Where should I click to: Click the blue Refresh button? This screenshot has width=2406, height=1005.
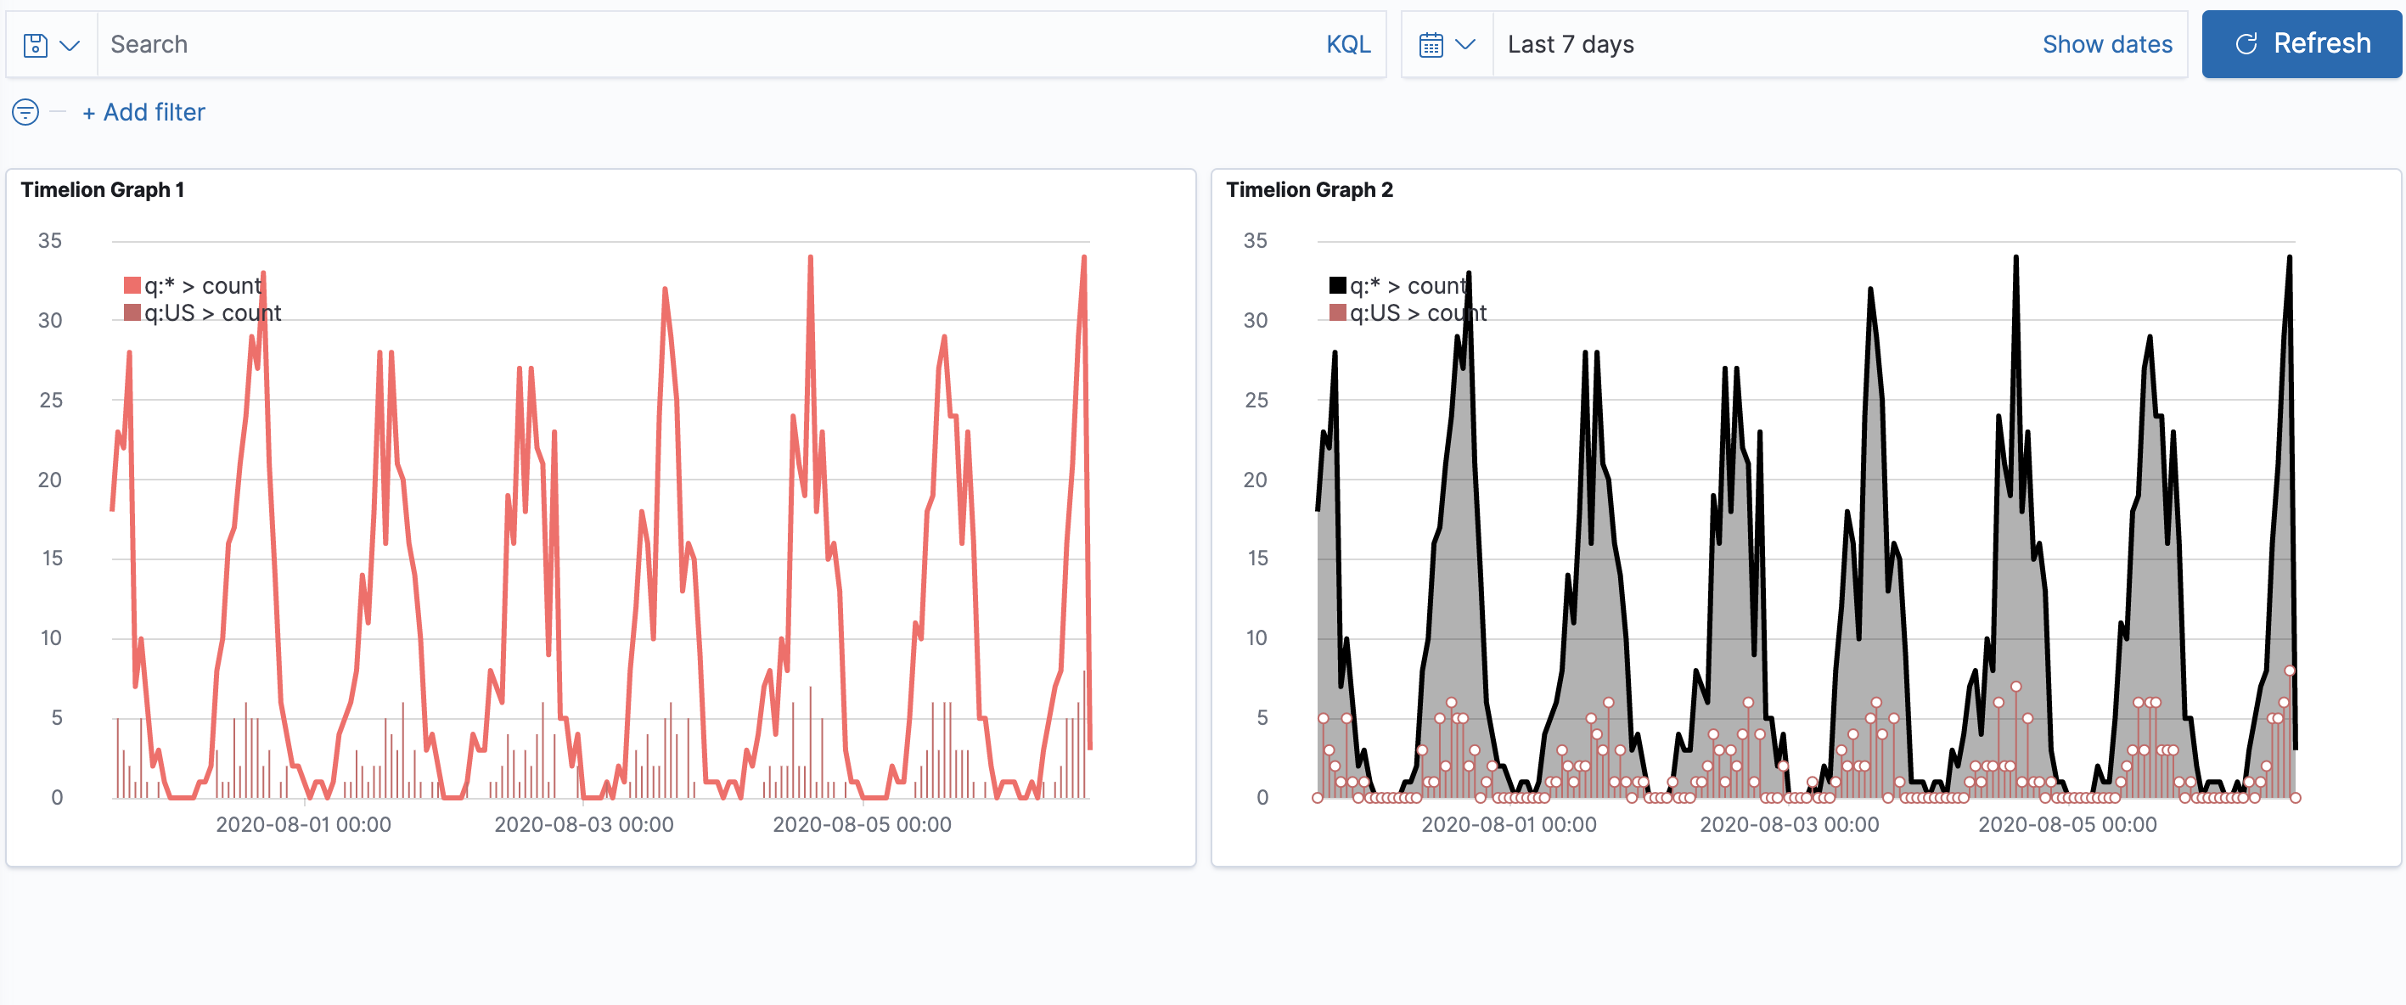(2302, 44)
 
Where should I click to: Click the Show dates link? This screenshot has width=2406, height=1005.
(2106, 44)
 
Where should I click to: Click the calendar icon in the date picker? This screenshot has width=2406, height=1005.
(1431, 44)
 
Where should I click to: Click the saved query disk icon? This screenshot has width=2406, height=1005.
(36, 44)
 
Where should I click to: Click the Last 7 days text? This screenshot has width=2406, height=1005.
(1570, 44)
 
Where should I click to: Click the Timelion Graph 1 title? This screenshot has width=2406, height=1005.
(102, 189)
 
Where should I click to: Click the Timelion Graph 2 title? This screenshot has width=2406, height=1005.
(1308, 189)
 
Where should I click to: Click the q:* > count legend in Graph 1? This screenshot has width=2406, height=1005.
(202, 286)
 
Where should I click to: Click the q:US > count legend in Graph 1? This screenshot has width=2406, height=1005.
(212, 313)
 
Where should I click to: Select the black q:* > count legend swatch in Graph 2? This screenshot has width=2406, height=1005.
(1337, 285)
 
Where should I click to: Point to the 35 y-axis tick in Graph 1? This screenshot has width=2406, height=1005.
(49, 241)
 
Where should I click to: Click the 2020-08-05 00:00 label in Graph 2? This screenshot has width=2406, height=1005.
(2067, 825)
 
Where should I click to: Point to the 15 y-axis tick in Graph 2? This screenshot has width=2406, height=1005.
(1256, 559)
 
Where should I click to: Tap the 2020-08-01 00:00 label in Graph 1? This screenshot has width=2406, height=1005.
(304, 825)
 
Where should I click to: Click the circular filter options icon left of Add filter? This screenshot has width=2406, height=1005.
(25, 112)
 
